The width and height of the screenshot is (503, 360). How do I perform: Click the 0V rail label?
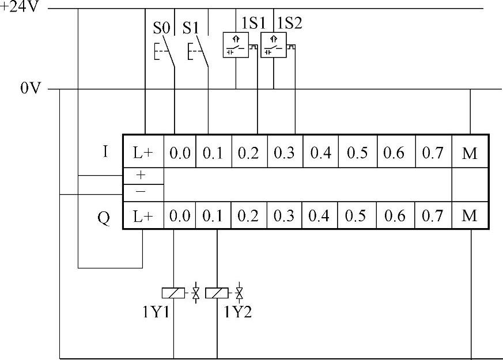click(32, 89)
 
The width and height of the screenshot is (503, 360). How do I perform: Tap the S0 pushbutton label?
click(161, 27)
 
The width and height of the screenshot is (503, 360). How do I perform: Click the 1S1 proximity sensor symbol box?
click(236, 46)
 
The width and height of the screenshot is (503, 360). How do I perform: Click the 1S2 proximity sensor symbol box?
click(274, 46)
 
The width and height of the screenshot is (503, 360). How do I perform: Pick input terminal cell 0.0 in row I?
click(179, 153)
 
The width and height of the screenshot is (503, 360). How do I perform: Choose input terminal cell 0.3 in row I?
click(284, 153)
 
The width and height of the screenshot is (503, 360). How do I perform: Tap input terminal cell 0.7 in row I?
click(432, 153)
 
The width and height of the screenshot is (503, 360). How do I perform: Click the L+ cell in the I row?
click(143, 153)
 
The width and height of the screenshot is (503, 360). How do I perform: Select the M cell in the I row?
click(470, 153)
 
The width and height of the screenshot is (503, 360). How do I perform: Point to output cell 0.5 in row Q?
click(357, 216)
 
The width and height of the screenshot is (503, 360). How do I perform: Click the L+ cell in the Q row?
click(143, 216)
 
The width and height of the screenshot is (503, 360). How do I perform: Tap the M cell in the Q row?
click(470, 216)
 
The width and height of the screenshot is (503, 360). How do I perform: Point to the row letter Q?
click(104, 218)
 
